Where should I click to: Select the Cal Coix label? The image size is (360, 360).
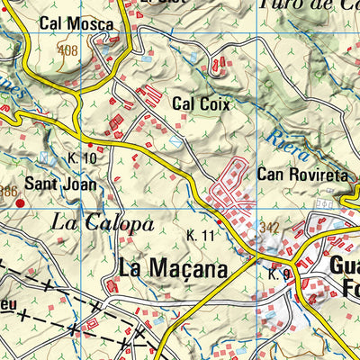click(200, 104)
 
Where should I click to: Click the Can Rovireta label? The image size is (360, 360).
click(301, 175)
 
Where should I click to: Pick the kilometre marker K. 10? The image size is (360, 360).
click(81, 158)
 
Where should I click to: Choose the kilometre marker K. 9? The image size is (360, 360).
click(278, 273)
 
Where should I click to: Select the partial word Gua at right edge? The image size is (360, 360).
click(345, 266)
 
